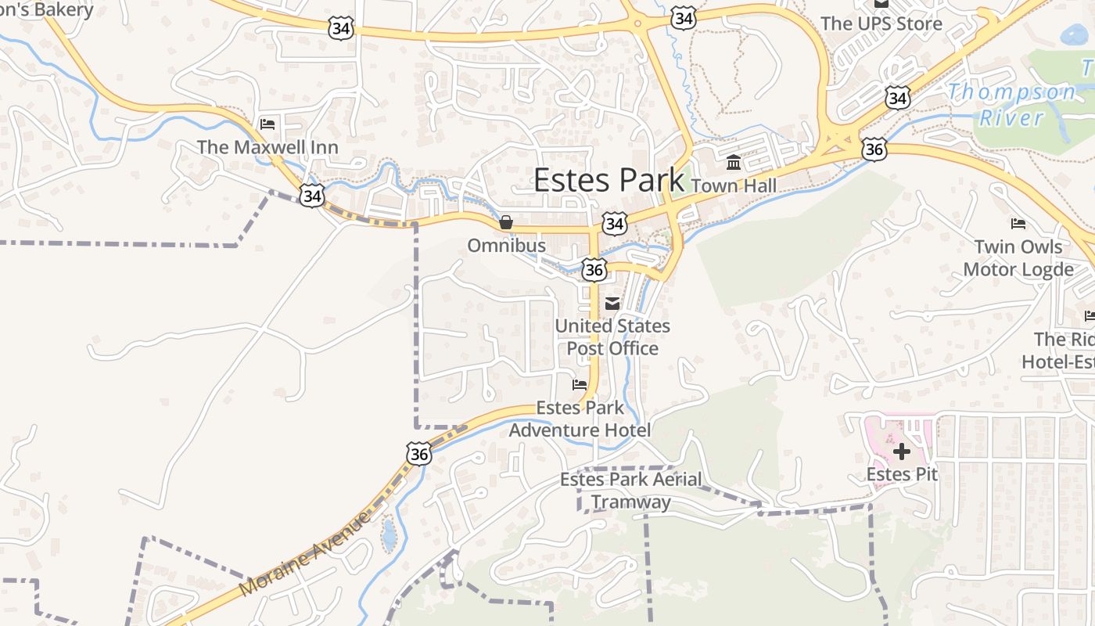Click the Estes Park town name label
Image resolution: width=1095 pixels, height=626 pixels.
(609, 180)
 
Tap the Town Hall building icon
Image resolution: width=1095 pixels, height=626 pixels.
(734, 163)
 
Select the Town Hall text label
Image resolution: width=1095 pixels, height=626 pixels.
(734, 185)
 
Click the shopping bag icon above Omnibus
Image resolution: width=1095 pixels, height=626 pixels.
(506, 223)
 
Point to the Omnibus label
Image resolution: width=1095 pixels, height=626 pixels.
(506, 246)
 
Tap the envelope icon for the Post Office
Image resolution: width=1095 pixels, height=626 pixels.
(612, 304)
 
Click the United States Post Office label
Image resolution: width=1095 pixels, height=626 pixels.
(612, 337)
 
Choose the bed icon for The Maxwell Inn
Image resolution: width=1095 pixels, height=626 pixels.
(267, 124)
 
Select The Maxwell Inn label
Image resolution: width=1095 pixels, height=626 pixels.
(267, 147)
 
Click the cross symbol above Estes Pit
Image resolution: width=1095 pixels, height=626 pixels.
(902, 452)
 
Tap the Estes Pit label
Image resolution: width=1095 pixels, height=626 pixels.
(902, 474)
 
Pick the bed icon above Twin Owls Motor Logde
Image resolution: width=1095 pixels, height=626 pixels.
(1018, 224)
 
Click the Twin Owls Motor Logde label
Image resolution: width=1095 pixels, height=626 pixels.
(1018, 258)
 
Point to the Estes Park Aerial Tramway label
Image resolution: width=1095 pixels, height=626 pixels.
(630, 491)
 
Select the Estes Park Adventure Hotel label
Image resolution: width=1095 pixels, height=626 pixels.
(580, 419)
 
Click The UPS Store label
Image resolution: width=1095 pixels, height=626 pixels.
(881, 23)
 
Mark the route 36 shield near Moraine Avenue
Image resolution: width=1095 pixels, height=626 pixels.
(418, 453)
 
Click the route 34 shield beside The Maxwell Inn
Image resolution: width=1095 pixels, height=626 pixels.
(312, 196)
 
